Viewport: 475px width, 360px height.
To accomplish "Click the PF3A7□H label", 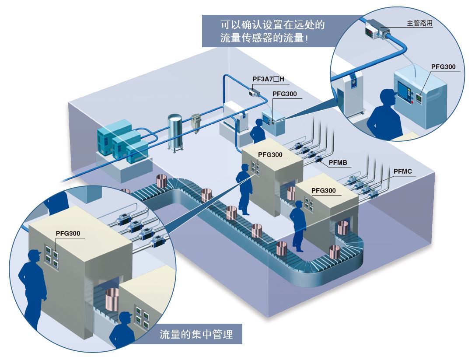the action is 268,79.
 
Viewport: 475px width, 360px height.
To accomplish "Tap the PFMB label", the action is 338,163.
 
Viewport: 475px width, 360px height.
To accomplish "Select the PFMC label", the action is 402,171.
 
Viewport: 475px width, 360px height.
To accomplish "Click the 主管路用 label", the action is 419,23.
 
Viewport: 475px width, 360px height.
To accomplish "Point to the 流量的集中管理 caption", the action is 196,334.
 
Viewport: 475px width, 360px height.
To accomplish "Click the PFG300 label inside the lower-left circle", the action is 68,233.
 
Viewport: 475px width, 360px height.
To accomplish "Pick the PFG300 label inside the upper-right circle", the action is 443,66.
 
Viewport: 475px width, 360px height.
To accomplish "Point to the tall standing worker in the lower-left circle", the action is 31,288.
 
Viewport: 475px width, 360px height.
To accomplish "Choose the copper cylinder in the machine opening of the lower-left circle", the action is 112,300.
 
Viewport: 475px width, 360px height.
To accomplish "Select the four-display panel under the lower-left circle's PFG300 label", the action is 52,257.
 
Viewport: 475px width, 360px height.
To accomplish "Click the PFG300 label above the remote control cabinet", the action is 284,94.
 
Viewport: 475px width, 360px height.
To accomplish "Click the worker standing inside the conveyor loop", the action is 298,226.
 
